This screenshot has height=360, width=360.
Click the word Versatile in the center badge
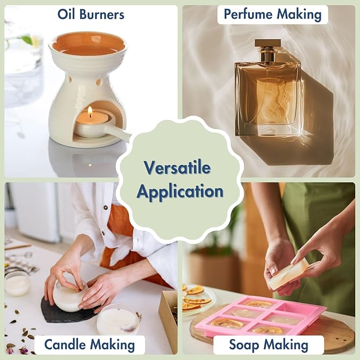click(x=177, y=168)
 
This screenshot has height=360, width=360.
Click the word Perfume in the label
click(x=249, y=14)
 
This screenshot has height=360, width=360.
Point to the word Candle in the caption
click(x=65, y=345)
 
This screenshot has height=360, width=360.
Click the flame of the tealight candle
click(x=90, y=111)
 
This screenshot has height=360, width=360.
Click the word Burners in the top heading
click(x=102, y=14)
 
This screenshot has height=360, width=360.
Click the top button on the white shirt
click(x=106, y=207)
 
